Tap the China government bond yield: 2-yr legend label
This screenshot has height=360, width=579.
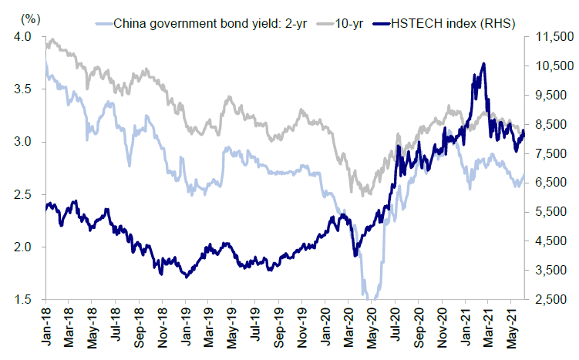210,22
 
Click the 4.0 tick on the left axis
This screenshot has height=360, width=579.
22,37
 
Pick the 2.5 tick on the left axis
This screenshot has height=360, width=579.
22,194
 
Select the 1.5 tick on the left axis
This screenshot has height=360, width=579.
22,299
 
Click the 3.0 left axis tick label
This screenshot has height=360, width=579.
22,142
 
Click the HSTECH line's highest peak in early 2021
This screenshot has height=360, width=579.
483,64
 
